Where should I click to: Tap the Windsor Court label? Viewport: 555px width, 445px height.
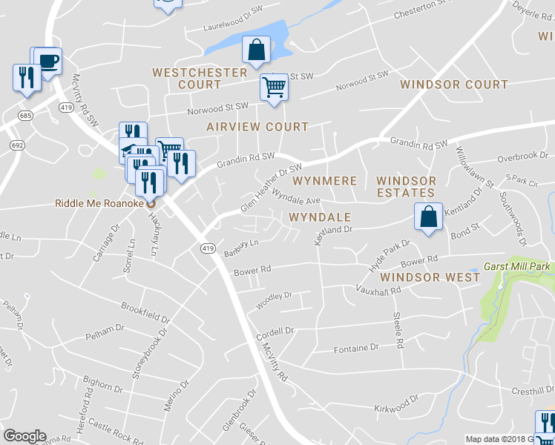[453, 85]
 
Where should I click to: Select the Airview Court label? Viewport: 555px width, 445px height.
[257, 127]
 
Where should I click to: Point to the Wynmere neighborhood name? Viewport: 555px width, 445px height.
[325, 181]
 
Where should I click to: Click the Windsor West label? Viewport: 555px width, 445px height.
[429, 277]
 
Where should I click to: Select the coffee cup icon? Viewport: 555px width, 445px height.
[49, 61]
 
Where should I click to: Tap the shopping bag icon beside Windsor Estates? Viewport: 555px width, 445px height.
[428, 217]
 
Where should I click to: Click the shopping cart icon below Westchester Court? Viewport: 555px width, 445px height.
[274, 87]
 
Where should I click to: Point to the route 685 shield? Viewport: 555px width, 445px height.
[26, 116]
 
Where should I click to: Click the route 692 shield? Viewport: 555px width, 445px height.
[16, 146]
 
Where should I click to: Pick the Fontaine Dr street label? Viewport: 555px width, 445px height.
[356, 348]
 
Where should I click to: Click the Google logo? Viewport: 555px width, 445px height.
[24, 436]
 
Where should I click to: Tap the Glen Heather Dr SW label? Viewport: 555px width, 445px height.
[272, 188]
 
